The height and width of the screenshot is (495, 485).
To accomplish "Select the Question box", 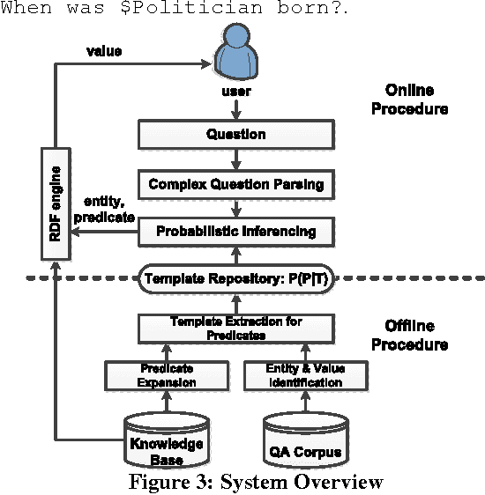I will pos(235,135).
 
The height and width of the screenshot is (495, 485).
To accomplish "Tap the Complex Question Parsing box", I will pos(235,184).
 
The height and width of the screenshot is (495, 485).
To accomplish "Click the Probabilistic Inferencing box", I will pos(235,232).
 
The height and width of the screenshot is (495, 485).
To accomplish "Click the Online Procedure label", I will pos(415,100).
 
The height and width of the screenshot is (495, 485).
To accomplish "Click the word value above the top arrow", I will pos(103,50).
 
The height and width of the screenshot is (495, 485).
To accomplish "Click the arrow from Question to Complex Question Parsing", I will pos(235,159).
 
